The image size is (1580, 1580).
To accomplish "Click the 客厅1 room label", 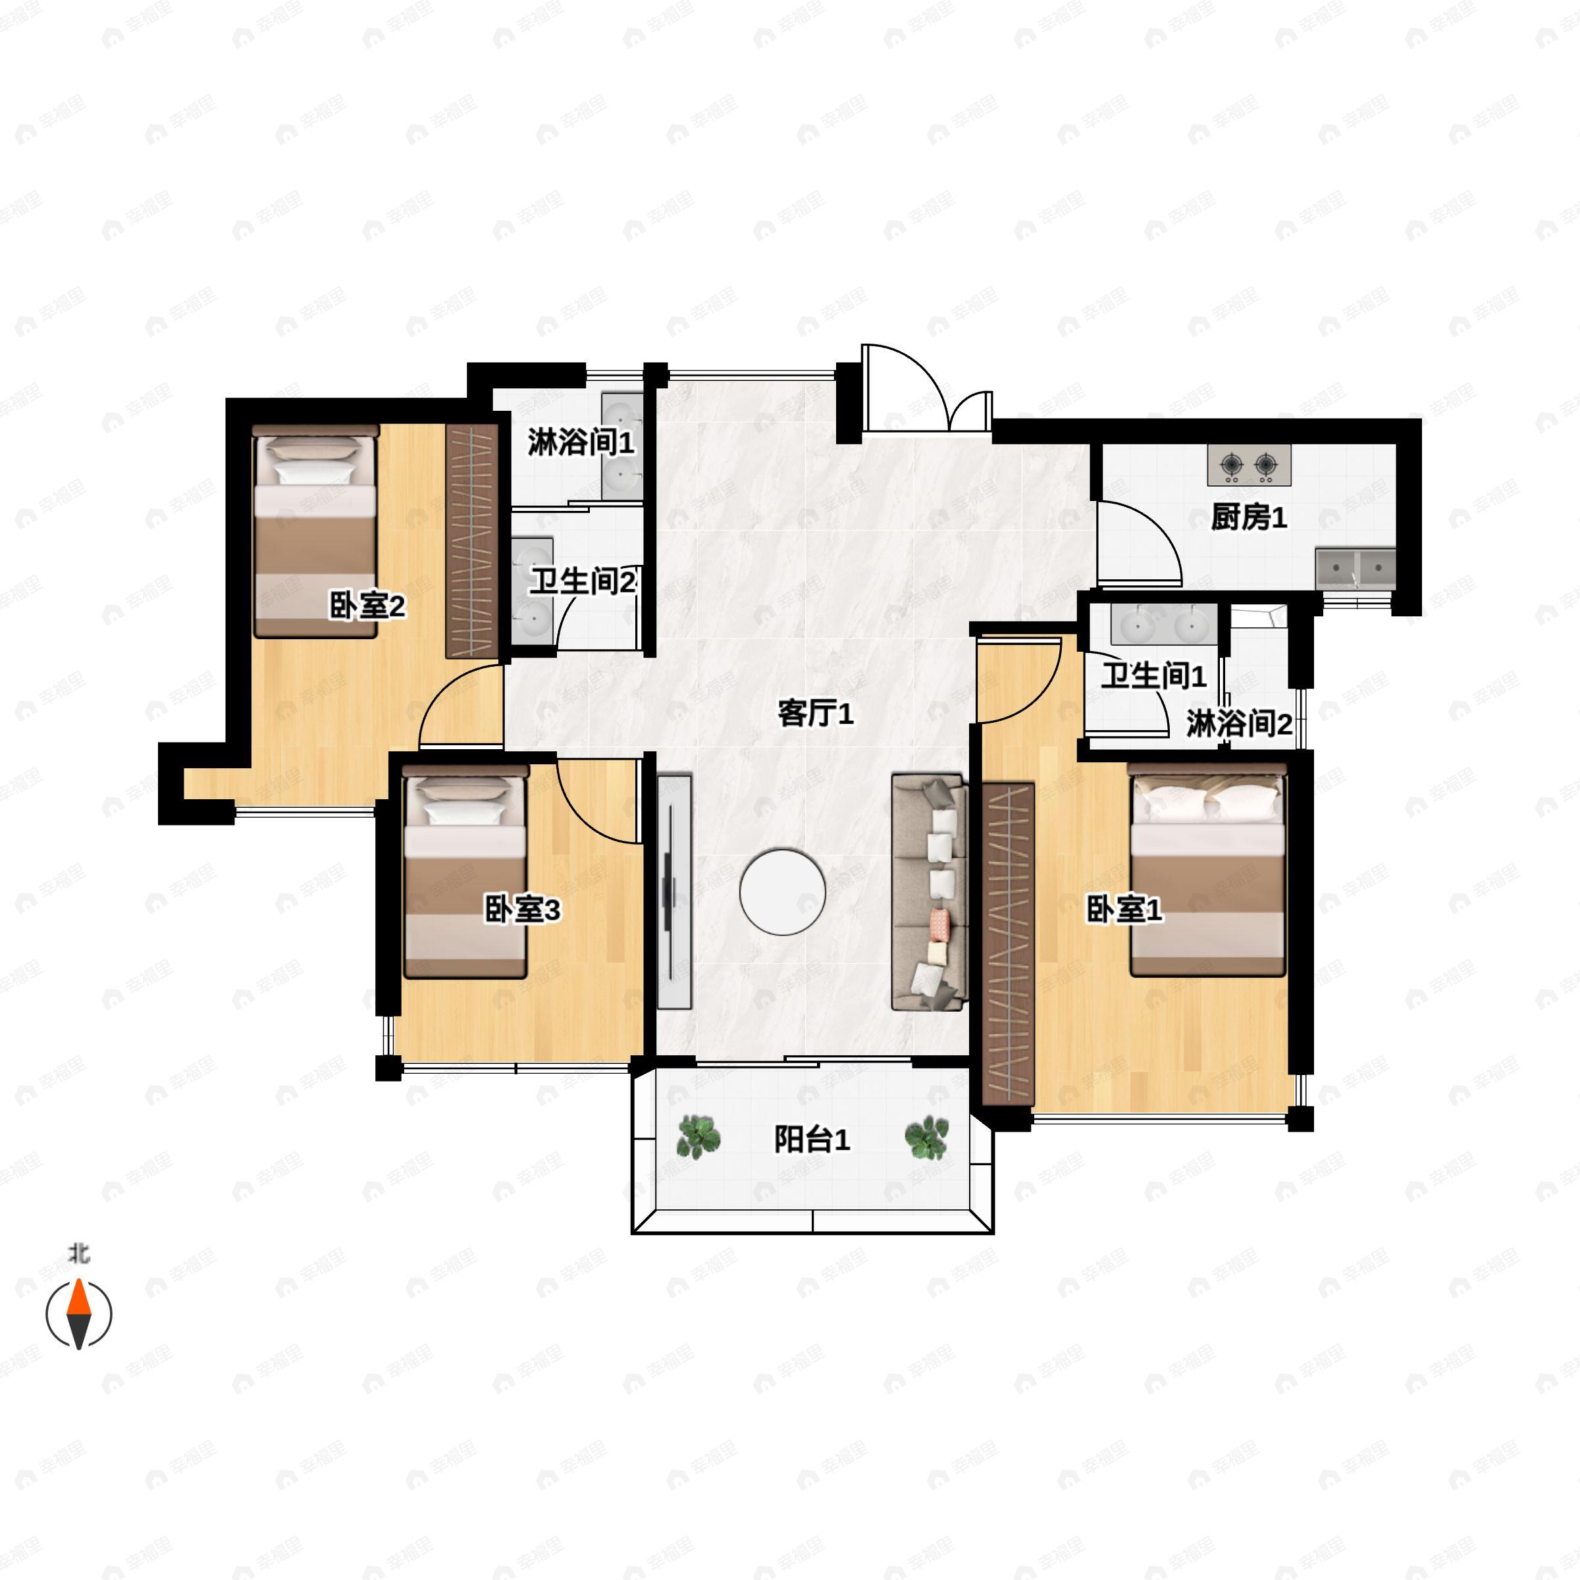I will click(x=816, y=714).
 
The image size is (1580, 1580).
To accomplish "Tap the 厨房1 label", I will click(x=1249, y=517).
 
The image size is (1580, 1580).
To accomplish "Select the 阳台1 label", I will click(x=812, y=1139).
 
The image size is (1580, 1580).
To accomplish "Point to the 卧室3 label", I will click(x=522, y=909).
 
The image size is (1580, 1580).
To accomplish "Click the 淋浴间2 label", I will click(x=1239, y=724).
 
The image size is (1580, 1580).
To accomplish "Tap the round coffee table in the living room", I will click(x=783, y=891).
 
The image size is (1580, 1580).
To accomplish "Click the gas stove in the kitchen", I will click(x=1249, y=465).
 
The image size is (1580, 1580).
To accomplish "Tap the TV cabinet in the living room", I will click(x=675, y=891).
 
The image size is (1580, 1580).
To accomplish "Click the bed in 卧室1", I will click(x=1207, y=871).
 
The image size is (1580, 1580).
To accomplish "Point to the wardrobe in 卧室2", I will click(x=472, y=540).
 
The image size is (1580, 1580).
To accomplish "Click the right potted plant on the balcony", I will click(x=926, y=1138).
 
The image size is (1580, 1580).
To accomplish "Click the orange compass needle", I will click(x=78, y=1300).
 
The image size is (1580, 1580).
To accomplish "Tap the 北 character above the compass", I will click(x=78, y=1253).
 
